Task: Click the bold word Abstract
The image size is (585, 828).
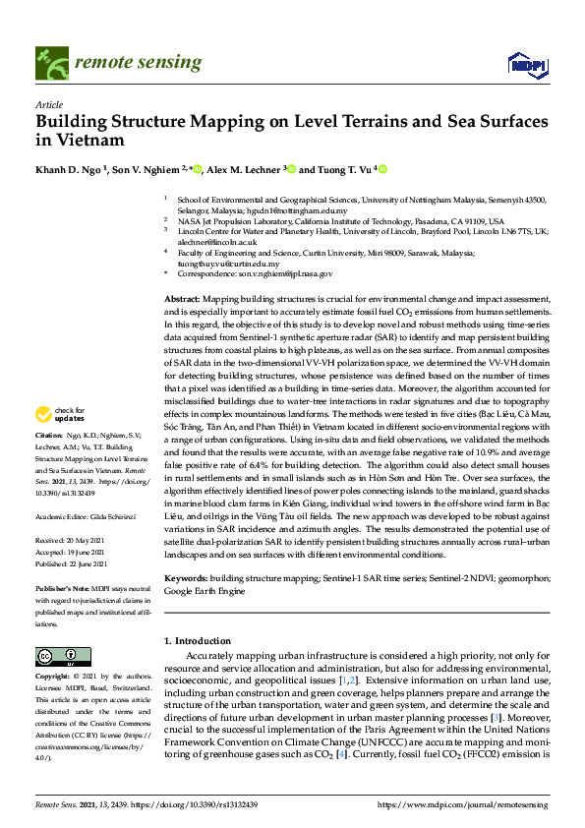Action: click(x=181, y=297)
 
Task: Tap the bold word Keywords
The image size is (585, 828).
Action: click(x=185, y=582)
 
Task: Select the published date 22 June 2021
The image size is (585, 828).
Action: click(x=92, y=564)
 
